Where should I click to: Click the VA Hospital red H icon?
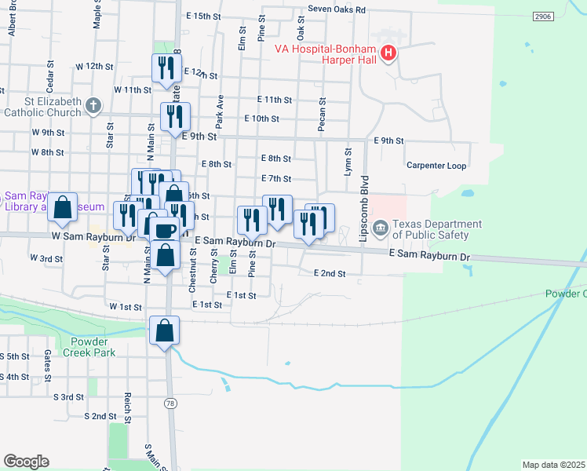[388, 54]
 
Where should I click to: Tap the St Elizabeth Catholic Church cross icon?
[93, 106]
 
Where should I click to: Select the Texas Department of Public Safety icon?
[381, 228]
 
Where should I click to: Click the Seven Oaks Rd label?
[337, 10]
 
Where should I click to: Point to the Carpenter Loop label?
[436, 166]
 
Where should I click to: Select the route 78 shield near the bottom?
[170, 403]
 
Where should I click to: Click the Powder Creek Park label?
[104, 347]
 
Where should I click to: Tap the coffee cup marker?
[164, 229]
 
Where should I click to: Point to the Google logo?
[26, 462]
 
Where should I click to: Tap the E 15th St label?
[204, 16]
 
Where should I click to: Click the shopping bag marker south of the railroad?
[165, 330]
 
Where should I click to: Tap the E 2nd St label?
[329, 273]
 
